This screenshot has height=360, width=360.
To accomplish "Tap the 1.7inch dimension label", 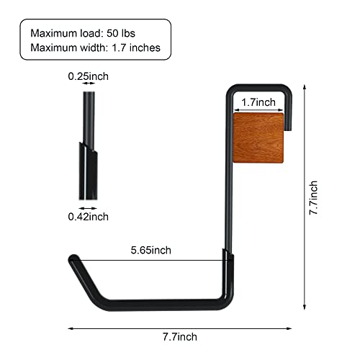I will tap(256, 102).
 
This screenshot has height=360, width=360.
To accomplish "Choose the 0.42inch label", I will tap(88, 216).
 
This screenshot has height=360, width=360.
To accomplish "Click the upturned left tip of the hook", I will tap(73, 259).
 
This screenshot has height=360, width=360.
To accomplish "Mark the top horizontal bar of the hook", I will tap(257, 89).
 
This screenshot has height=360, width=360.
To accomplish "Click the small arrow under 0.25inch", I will tap(89, 84).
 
